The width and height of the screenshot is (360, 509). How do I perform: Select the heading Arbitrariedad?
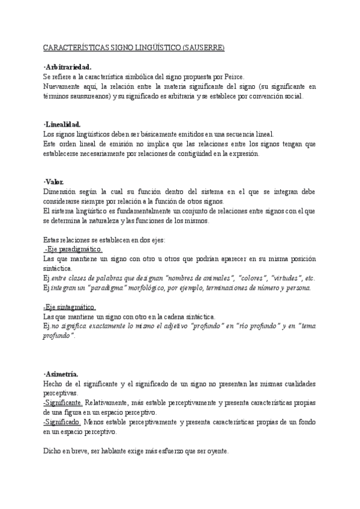point(68,67)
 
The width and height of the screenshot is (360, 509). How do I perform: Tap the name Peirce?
point(232,77)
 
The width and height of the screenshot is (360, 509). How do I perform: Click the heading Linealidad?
point(64,124)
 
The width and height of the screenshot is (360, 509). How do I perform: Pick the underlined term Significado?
point(62,422)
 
